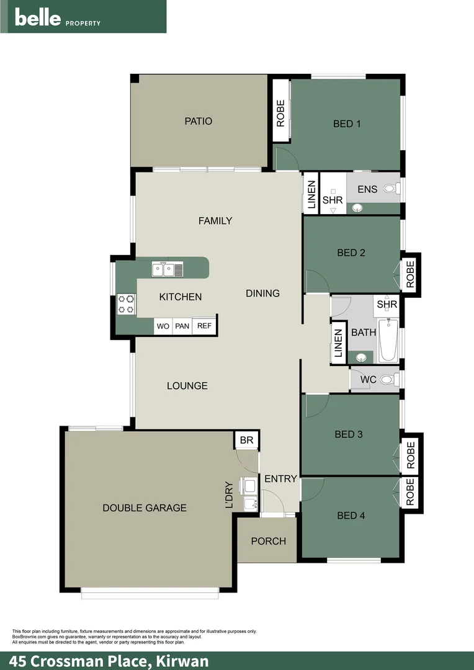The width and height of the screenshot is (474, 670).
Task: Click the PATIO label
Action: pos(199,121)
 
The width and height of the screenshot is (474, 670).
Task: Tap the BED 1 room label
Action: pos(347,123)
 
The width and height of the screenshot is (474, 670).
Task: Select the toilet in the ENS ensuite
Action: pos(391,188)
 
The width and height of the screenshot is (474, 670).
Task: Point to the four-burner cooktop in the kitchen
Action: pos(127,304)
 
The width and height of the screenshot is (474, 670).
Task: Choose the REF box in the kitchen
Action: pos(204,326)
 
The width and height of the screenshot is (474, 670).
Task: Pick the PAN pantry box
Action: pos(182,326)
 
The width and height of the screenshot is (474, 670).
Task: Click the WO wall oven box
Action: pos(163,326)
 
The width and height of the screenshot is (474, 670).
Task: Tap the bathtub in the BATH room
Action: pos(388,340)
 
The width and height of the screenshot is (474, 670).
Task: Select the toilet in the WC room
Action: pos(389,380)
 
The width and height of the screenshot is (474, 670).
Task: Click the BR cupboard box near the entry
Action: pos(246,440)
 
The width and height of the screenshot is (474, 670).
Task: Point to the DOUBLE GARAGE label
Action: pos(145,507)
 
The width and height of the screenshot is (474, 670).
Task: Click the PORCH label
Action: pos(269,541)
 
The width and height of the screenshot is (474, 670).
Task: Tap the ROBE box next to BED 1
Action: pos(280,113)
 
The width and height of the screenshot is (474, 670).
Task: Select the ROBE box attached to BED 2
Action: pos(410,273)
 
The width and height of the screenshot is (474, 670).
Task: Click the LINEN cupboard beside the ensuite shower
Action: pos(311,193)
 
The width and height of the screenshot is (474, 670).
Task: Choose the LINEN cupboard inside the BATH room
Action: pos(339,342)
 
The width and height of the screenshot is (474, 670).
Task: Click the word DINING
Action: pos(262,293)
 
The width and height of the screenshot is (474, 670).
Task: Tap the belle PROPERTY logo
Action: pos(57,17)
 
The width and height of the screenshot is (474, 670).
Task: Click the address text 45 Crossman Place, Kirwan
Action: pos(109,661)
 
